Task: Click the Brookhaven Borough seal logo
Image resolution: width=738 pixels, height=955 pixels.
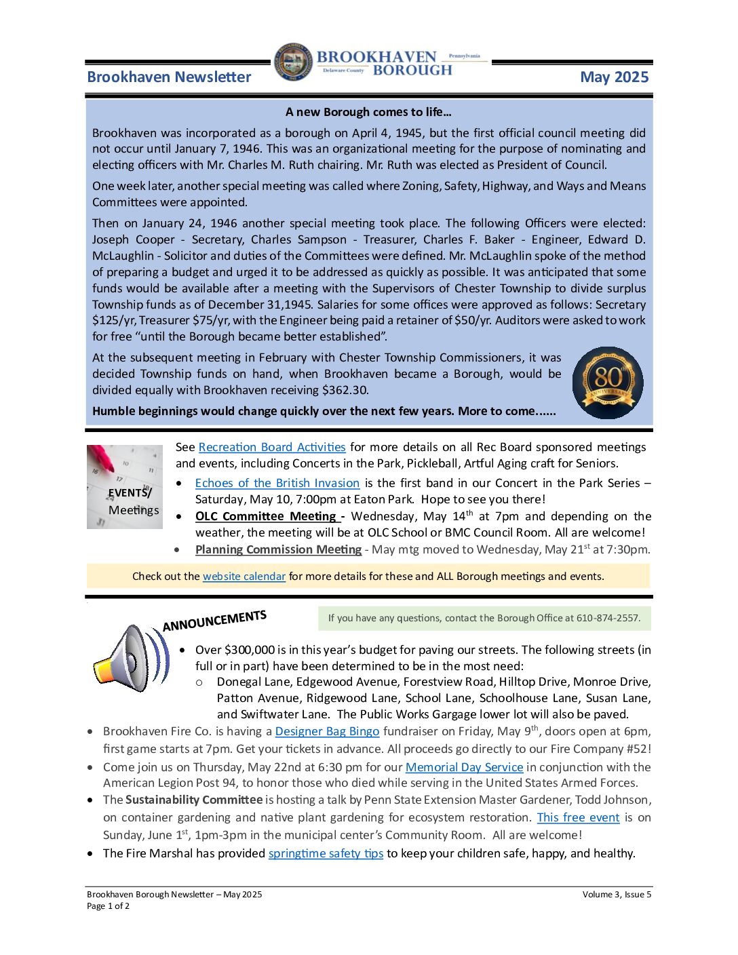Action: (294, 62)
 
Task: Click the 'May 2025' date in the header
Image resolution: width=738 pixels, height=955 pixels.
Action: (614, 77)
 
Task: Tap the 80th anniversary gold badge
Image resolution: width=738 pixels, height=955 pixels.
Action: (608, 383)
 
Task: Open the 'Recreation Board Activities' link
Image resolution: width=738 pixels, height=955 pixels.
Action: (272, 447)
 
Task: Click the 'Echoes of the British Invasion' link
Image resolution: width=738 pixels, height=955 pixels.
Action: (277, 483)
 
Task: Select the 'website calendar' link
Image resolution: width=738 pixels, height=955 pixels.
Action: (244, 576)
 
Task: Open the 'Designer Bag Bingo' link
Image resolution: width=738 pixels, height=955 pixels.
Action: (327, 731)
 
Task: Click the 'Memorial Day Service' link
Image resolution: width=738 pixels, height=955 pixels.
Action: (464, 767)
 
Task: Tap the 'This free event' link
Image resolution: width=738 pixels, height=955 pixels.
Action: (578, 817)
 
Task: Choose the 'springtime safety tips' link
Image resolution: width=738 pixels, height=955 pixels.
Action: (326, 853)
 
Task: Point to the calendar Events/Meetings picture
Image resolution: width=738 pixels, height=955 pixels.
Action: (125, 486)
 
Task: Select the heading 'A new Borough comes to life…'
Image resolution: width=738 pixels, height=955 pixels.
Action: (368, 112)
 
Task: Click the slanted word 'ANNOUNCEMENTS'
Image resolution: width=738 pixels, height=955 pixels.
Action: (214, 620)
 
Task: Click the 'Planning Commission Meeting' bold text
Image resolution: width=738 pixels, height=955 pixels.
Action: (278, 549)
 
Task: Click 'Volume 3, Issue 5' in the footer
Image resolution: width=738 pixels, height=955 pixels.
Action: (617, 894)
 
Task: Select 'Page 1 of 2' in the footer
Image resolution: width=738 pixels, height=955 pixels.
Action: (108, 906)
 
